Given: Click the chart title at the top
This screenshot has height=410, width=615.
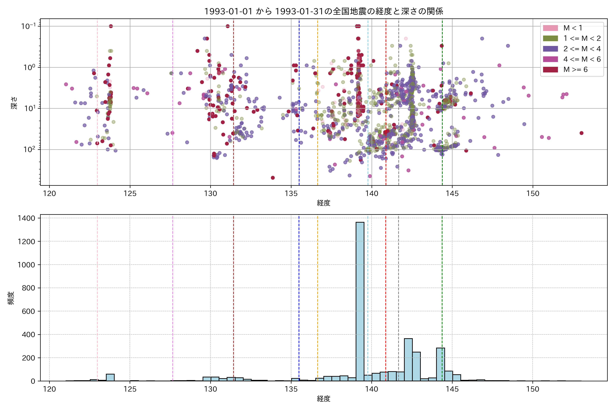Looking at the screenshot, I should (323, 11).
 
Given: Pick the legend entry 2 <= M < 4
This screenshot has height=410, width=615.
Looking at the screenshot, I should (582, 49).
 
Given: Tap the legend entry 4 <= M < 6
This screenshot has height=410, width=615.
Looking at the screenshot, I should (582, 59).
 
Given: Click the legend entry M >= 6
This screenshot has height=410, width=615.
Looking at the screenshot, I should (575, 70).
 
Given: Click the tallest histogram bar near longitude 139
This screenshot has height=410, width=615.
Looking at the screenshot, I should (360, 301).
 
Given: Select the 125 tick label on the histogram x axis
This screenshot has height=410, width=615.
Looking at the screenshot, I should (130, 389).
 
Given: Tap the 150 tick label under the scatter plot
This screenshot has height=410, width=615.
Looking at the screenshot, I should (533, 194).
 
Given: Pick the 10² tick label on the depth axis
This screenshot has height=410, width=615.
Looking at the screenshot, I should (29, 150).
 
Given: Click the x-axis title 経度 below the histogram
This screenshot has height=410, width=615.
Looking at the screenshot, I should (323, 399).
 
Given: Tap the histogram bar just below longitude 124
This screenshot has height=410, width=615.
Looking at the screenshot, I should (110, 377).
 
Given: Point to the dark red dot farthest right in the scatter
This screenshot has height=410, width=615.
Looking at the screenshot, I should (581, 133).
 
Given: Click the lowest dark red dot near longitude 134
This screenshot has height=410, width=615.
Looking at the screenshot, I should (273, 178).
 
